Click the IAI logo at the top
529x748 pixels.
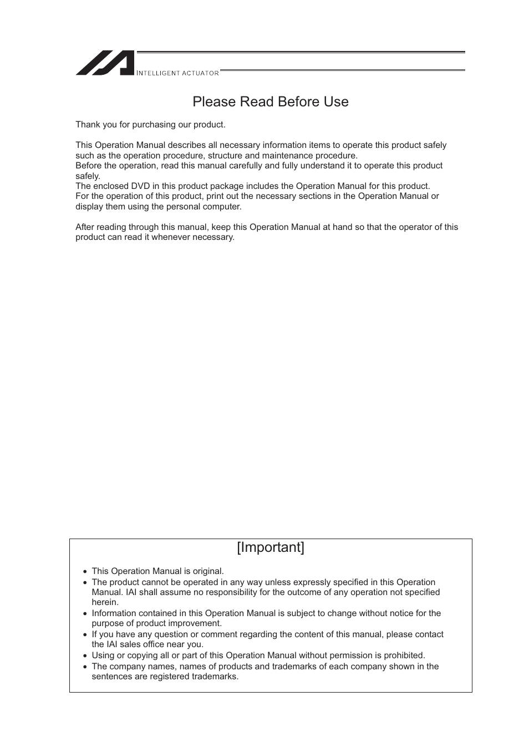105,63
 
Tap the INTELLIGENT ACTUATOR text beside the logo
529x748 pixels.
177,73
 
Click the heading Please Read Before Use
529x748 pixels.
271,102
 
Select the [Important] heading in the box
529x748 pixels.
271,547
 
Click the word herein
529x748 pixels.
104,602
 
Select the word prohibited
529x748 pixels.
403,655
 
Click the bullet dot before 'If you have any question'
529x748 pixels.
85,635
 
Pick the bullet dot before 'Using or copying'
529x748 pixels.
85,656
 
